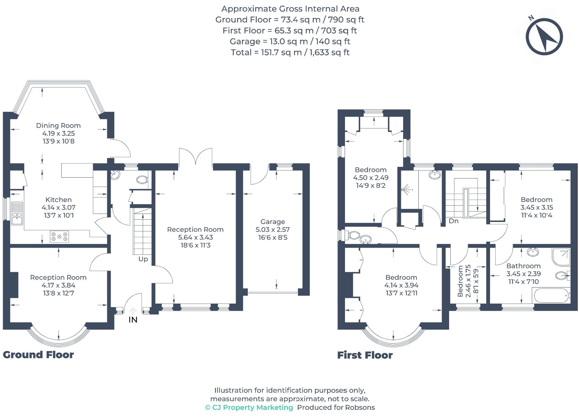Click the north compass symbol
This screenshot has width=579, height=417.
click(544, 37)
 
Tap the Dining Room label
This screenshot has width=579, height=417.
click(58, 125)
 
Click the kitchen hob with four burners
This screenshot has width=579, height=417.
click(59, 237)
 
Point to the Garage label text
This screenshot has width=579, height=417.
click(272, 222)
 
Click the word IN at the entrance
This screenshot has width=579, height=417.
click(133, 320)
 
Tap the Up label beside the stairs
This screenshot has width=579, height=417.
click(143, 259)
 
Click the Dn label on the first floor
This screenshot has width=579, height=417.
click(453, 221)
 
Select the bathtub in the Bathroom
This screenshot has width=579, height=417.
click(551, 296)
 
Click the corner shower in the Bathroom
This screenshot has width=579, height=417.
click(561, 257)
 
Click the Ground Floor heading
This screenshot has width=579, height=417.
click(38, 355)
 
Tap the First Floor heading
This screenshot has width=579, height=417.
click(365, 355)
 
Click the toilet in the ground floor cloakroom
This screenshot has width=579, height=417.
click(142, 180)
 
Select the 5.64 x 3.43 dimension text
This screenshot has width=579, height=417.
click(195, 237)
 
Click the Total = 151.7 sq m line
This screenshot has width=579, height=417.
click(290, 52)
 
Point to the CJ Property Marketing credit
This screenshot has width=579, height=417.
click(249, 408)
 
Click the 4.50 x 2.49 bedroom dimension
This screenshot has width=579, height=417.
click(371, 178)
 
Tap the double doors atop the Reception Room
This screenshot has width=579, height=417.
click(196, 157)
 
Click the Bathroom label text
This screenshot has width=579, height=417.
click(523, 266)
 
